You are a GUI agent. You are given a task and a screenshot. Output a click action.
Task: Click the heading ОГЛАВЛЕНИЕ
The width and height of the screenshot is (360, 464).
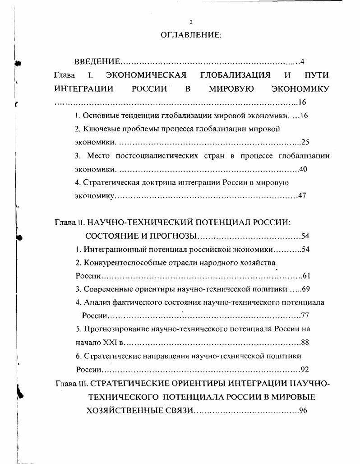[191, 35]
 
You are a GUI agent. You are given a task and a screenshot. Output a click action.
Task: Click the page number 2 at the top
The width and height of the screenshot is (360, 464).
[191, 22]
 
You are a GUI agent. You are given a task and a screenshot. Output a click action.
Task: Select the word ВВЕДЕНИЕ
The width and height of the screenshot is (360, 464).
[97, 61]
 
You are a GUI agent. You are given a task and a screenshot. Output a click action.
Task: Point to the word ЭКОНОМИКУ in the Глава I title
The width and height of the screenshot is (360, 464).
[300, 88]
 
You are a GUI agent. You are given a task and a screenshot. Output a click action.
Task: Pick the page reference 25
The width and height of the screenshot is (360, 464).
[305, 142]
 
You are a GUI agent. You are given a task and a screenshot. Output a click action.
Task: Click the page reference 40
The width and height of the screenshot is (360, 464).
[305, 169]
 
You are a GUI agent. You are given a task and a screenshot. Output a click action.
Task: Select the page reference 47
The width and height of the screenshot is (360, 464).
[302, 196]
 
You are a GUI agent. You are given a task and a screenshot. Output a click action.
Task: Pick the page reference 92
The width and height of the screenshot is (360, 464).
[305, 370]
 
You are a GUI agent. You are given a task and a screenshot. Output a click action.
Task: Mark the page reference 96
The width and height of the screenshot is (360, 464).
[303, 411]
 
